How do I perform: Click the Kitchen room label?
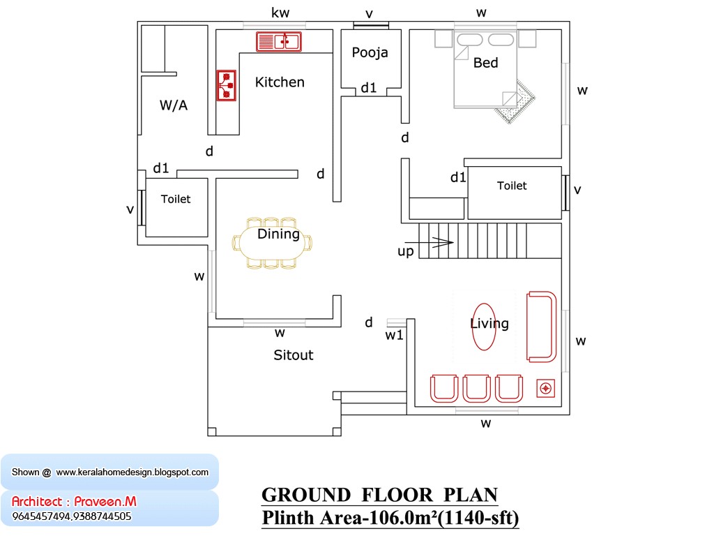click(280, 82)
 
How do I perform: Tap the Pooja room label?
click(370, 52)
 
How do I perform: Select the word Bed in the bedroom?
click(485, 63)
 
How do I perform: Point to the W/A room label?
click(174, 105)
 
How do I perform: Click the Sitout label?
click(293, 355)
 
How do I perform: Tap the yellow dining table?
click(272, 242)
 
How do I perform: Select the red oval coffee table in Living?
click(484, 326)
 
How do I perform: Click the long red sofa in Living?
click(542, 327)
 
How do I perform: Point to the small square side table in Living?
click(545, 389)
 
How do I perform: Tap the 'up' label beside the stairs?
click(405, 251)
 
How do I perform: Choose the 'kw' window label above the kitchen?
click(280, 13)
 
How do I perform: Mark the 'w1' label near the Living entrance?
click(395, 336)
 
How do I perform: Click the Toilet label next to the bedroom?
click(512, 186)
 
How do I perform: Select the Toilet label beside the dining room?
click(176, 199)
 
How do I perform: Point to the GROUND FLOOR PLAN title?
click(379, 495)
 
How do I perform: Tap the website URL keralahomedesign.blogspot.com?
click(132, 472)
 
